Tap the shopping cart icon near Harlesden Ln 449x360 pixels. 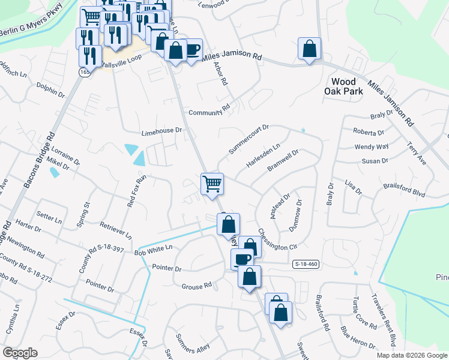(211, 182)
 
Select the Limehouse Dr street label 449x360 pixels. (161, 130)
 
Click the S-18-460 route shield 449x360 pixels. (305, 264)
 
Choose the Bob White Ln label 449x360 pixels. (153, 247)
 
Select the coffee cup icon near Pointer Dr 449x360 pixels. (242, 259)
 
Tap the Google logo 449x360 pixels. (20, 353)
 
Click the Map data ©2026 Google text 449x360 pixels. (411, 355)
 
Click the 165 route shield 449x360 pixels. (83, 72)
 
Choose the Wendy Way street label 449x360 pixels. (372, 146)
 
